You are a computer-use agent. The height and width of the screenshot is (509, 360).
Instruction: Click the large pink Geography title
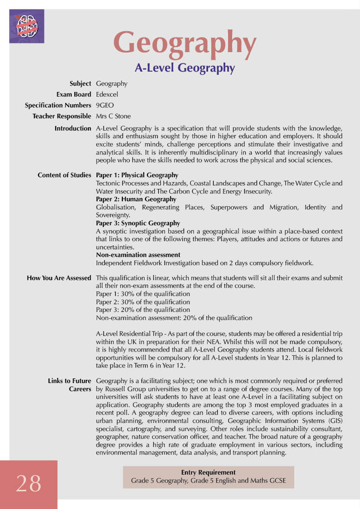[x=185, y=43]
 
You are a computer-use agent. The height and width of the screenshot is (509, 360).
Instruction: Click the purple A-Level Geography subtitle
[x=185, y=68]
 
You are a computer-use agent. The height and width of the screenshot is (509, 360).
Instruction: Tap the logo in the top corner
[x=27, y=26]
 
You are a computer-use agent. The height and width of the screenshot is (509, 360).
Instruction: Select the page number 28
[x=29, y=483]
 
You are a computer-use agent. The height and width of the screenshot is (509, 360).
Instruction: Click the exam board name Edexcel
[x=107, y=94]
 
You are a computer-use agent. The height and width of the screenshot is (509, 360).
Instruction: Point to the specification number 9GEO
[x=105, y=105]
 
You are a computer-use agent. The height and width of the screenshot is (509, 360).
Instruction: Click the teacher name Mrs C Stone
[x=113, y=116]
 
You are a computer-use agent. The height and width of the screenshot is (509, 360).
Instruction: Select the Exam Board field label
[x=73, y=94]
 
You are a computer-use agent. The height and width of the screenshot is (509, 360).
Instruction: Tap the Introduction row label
[x=73, y=128]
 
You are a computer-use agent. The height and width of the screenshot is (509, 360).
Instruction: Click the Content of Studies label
[x=64, y=175]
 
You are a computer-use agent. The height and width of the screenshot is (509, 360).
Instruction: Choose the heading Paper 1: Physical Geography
[x=137, y=175]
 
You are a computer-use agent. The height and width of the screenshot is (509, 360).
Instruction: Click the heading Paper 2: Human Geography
[x=136, y=199]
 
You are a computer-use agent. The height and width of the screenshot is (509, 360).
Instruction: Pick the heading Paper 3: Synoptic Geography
[x=138, y=223]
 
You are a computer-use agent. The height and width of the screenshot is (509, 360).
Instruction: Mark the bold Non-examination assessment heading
[x=138, y=255]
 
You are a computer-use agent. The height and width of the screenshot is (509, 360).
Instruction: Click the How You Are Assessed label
[x=59, y=278]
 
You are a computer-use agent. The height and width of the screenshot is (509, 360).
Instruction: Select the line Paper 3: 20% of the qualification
[x=143, y=310]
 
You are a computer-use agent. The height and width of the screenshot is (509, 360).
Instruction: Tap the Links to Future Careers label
[x=69, y=385]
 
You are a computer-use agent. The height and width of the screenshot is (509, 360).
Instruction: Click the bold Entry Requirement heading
[x=208, y=472]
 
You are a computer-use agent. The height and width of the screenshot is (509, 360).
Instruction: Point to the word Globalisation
[x=116, y=207]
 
